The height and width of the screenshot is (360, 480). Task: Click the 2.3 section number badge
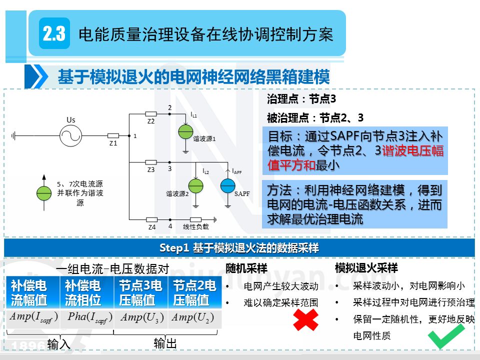click(54, 34)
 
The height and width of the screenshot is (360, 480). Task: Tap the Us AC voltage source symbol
click(71, 135)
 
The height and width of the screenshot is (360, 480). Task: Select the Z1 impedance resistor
click(113, 135)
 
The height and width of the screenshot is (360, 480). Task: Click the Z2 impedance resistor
click(150, 114)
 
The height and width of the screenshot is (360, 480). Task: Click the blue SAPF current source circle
click(228, 185)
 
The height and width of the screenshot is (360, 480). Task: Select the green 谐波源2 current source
click(196, 185)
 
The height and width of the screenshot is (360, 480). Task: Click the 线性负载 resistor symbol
click(195, 219)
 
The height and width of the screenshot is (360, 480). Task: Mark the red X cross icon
click(305, 319)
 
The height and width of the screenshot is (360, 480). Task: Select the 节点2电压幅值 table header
click(194, 293)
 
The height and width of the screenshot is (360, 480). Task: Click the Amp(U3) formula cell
click(141, 317)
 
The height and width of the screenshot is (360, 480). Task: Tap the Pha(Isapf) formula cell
click(87, 317)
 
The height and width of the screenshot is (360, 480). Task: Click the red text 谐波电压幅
click(412, 150)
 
